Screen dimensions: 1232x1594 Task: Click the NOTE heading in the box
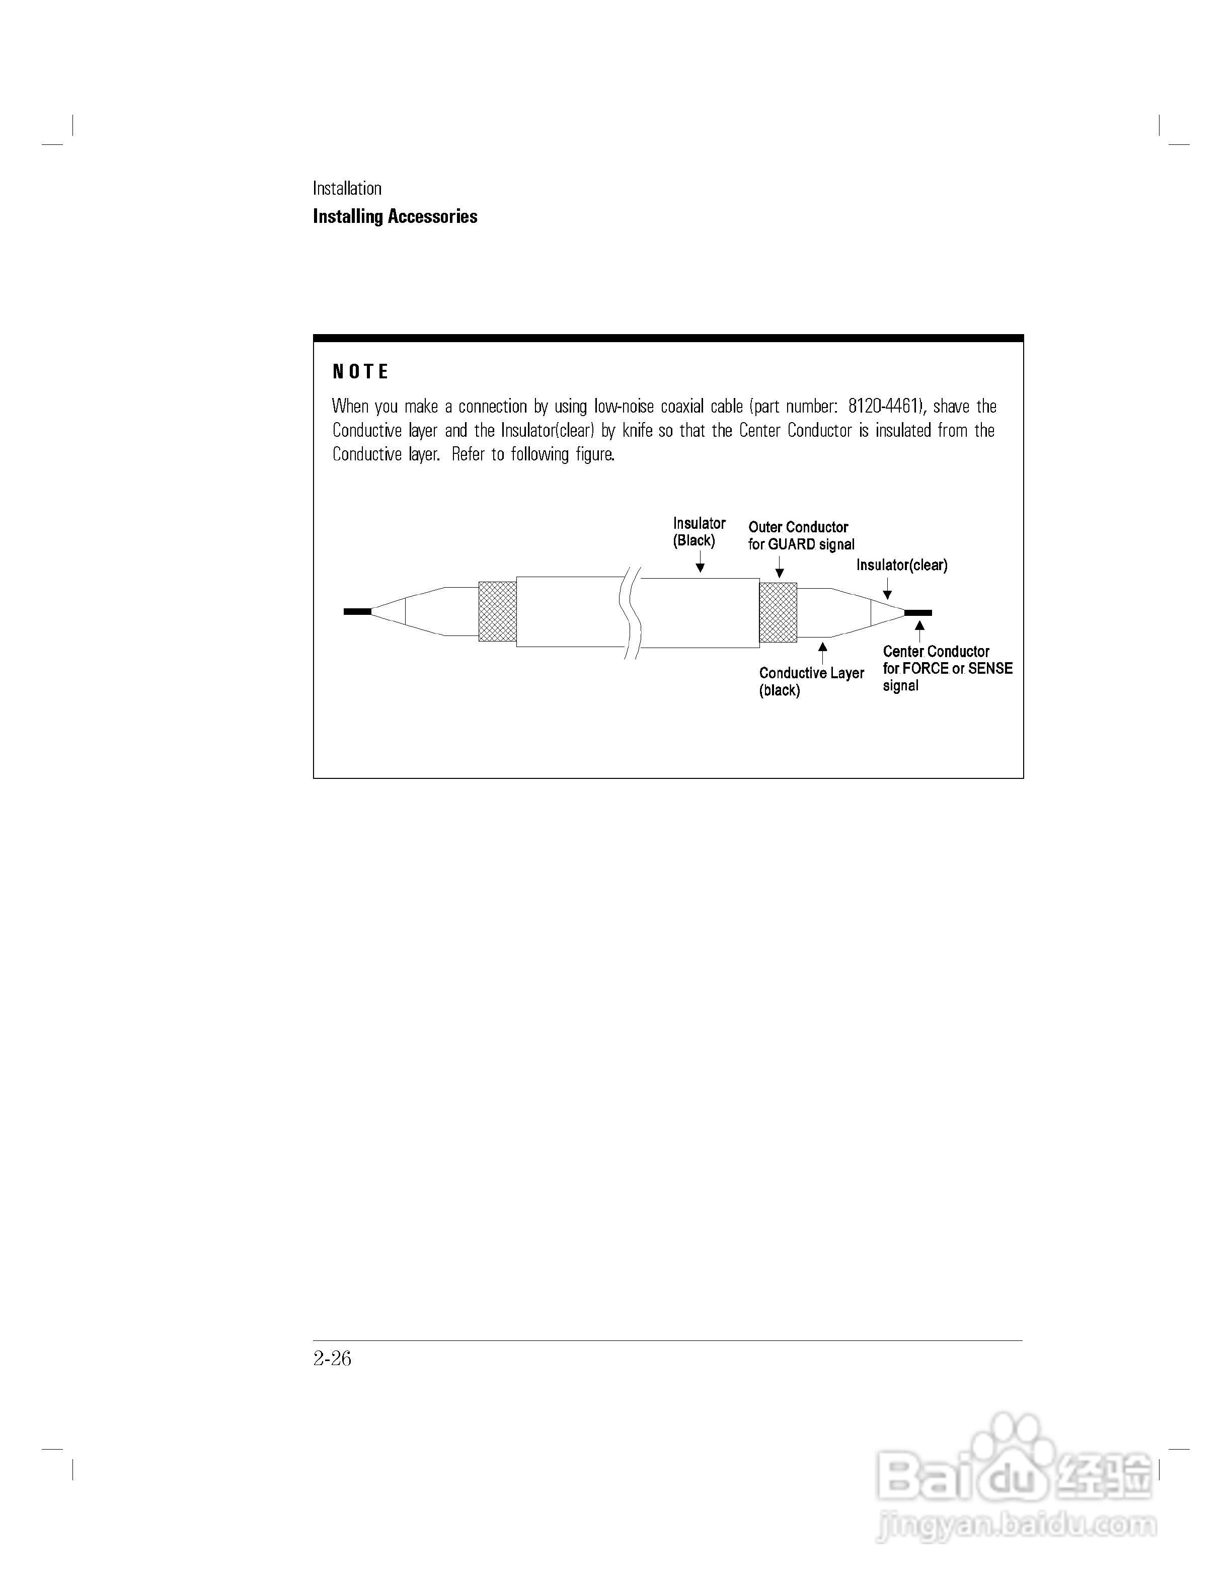[360, 372]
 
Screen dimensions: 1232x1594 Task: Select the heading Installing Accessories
[395, 217]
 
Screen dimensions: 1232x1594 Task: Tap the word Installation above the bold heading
[347, 188]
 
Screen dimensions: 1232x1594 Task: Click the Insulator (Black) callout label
[699, 532]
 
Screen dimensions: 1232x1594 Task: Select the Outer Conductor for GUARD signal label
[801, 536]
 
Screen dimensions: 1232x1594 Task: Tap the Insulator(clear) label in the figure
[901, 565]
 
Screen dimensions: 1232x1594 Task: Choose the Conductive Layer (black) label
[811, 681]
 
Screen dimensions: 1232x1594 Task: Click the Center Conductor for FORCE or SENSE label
[947, 668]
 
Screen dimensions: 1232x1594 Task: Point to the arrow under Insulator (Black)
[700, 562]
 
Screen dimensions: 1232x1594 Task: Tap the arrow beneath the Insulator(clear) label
[887, 588]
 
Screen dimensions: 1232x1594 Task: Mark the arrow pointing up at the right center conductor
[919, 630]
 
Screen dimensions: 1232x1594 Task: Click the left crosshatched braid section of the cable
[497, 612]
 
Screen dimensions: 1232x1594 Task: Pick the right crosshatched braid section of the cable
[778, 612]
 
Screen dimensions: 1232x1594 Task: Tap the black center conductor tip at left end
[357, 612]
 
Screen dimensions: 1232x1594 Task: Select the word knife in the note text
[637, 431]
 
